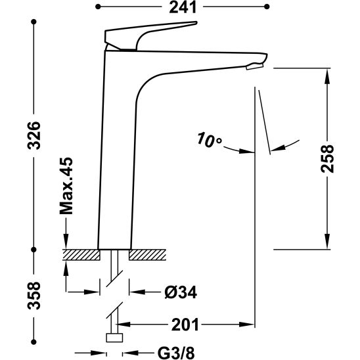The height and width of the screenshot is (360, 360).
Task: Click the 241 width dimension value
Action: [183, 7]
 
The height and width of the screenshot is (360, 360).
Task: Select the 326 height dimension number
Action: [34, 136]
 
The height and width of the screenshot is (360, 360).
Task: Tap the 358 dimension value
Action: [34, 295]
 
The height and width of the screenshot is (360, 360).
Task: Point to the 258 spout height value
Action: [327, 158]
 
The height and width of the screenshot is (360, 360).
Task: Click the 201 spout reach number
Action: [185, 325]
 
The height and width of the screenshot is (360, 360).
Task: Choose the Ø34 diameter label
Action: [181, 292]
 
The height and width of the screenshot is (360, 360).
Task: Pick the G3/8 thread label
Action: [176, 353]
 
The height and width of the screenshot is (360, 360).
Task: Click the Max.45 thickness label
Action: [66, 186]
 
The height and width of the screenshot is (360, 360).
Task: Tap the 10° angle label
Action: [210, 139]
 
